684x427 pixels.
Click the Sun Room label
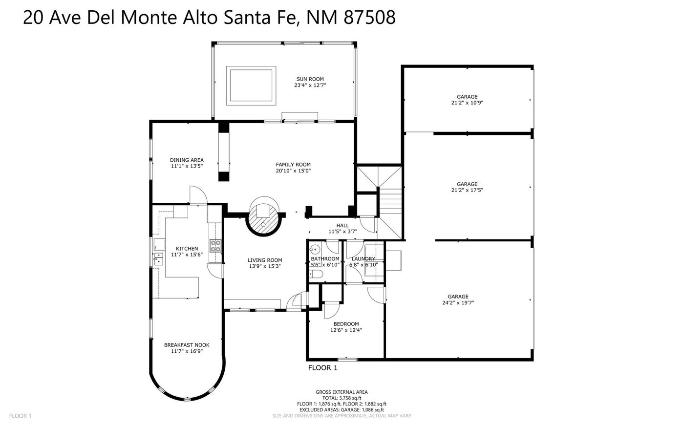pyautogui.click(x=310, y=79)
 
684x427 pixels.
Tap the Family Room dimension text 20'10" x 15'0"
pyautogui.click(x=293, y=171)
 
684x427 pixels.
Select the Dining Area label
pyautogui.click(x=187, y=160)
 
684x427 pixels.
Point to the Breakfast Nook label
pyautogui.click(x=187, y=345)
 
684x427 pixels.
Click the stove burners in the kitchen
pyautogui.click(x=215, y=246)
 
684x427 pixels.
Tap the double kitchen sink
pyautogui.click(x=158, y=259)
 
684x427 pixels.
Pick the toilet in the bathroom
pyautogui.click(x=316, y=274)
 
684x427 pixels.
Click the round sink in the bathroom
pyautogui.click(x=314, y=250)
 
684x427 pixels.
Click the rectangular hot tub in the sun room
pyautogui.click(x=251, y=85)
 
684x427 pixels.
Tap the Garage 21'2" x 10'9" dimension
pyautogui.click(x=467, y=103)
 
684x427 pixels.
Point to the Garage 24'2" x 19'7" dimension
pyautogui.click(x=458, y=303)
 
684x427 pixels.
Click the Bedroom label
pyautogui.click(x=346, y=324)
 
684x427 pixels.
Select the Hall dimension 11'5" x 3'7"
pyautogui.click(x=342, y=232)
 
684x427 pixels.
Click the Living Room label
pyautogui.click(x=265, y=260)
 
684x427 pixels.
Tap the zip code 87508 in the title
pyautogui.click(x=369, y=17)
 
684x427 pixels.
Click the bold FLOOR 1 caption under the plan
pyautogui.click(x=323, y=368)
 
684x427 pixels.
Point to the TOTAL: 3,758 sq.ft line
pyautogui.click(x=342, y=398)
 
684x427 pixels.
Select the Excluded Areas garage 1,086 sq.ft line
pyautogui.click(x=342, y=410)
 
